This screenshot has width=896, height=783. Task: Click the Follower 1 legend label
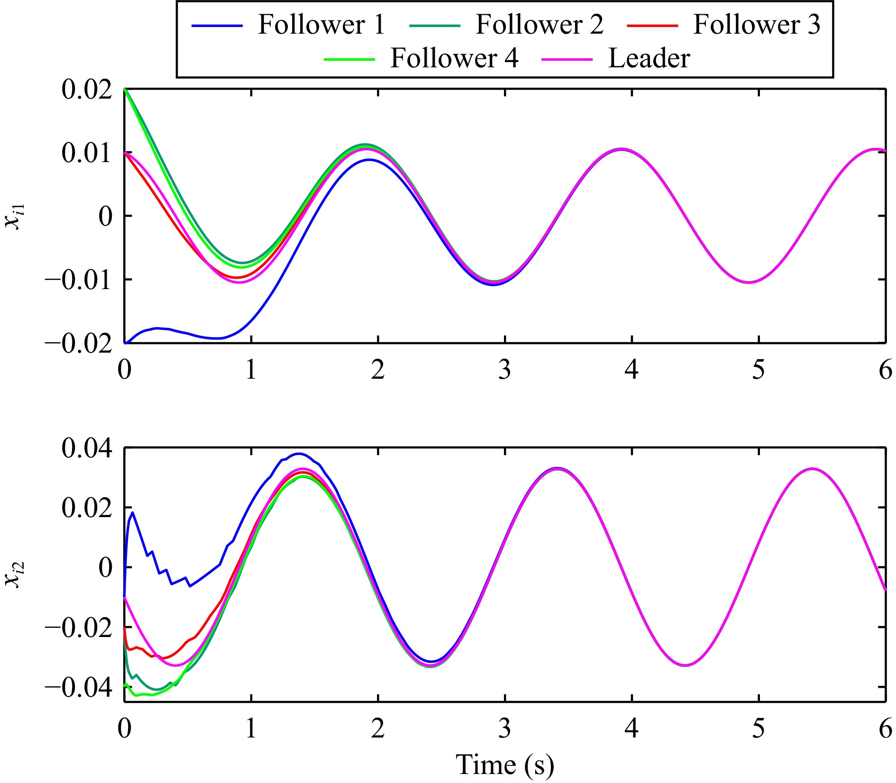[x=321, y=24]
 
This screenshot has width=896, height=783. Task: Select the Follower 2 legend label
[x=539, y=24]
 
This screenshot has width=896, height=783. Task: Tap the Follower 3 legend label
[x=757, y=24]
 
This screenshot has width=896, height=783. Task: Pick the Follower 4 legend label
[x=454, y=58]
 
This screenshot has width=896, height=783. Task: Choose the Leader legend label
[x=649, y=58]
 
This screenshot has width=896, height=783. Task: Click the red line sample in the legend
[x=652, y=25]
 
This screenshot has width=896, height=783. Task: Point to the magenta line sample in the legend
[x=567, y=60]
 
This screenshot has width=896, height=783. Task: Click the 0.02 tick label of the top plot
[x=87, y=90]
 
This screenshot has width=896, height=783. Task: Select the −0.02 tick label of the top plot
[x=79, y=344]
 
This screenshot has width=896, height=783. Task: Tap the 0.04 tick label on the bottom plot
[x=87, y=448]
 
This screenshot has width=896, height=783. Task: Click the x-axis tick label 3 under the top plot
[x=505, y=370]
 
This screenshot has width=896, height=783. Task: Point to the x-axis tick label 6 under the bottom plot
[x=885, y=728]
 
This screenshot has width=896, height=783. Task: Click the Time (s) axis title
[x=505, y=765]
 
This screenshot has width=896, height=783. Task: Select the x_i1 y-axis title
[x=15, y=217]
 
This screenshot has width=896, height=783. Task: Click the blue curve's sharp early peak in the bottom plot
[x=132, y=512]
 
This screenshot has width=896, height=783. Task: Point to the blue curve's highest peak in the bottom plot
[x=298, y=454]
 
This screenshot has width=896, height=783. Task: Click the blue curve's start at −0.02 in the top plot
[x=126, y=343]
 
